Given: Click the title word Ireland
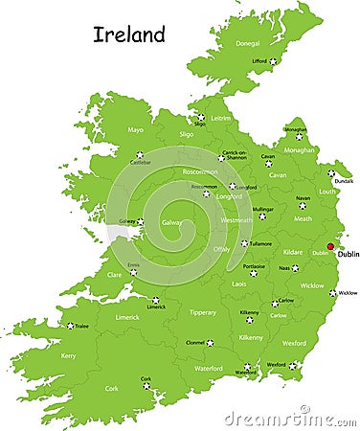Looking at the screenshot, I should pos(129,35).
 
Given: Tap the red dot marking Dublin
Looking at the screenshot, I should pos(330,246).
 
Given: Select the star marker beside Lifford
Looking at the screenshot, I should pos(272,61).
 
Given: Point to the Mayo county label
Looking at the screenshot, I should pos(135,129).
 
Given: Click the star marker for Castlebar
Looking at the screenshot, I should pos(139,154).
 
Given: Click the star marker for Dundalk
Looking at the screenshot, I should pos(331,173).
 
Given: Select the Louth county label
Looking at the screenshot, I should pos(326,191).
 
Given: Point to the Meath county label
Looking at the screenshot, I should pos(303,218).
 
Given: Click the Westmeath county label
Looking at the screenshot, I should pos(237,220).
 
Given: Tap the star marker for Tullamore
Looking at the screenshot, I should pos(244,242).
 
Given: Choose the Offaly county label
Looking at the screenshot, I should pos(221,249).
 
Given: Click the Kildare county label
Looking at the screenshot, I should pos(293,252).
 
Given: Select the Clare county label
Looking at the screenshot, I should pos(114,275).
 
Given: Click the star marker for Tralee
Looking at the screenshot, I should pos(70,326).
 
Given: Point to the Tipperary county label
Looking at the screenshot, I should pos(203,312).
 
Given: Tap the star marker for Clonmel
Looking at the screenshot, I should pos(210,342).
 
